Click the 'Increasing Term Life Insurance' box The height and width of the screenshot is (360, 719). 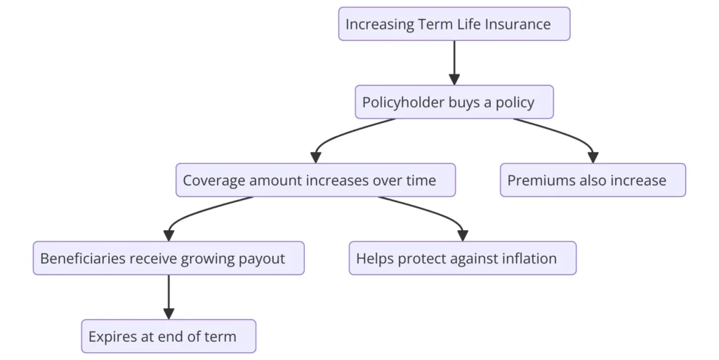(454, 24)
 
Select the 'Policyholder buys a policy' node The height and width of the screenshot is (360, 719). (454, 102)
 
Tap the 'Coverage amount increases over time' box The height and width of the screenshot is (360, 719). (315, 180)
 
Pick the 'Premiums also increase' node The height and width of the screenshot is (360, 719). (593, 180)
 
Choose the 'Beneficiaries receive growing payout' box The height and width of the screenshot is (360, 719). (169, 258)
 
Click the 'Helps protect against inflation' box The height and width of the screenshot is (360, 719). (463, 258)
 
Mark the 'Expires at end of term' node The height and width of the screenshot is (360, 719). (169, 336)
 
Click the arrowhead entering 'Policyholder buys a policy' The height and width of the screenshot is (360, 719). (454, 79)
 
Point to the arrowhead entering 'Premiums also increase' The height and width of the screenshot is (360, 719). (593, 158)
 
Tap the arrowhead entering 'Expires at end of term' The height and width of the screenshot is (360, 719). (169, 314)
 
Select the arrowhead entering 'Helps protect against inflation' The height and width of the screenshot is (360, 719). (463, 236)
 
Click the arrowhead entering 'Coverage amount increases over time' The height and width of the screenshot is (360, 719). (315, 158)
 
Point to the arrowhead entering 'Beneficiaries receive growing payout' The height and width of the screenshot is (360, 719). (169, 236)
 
